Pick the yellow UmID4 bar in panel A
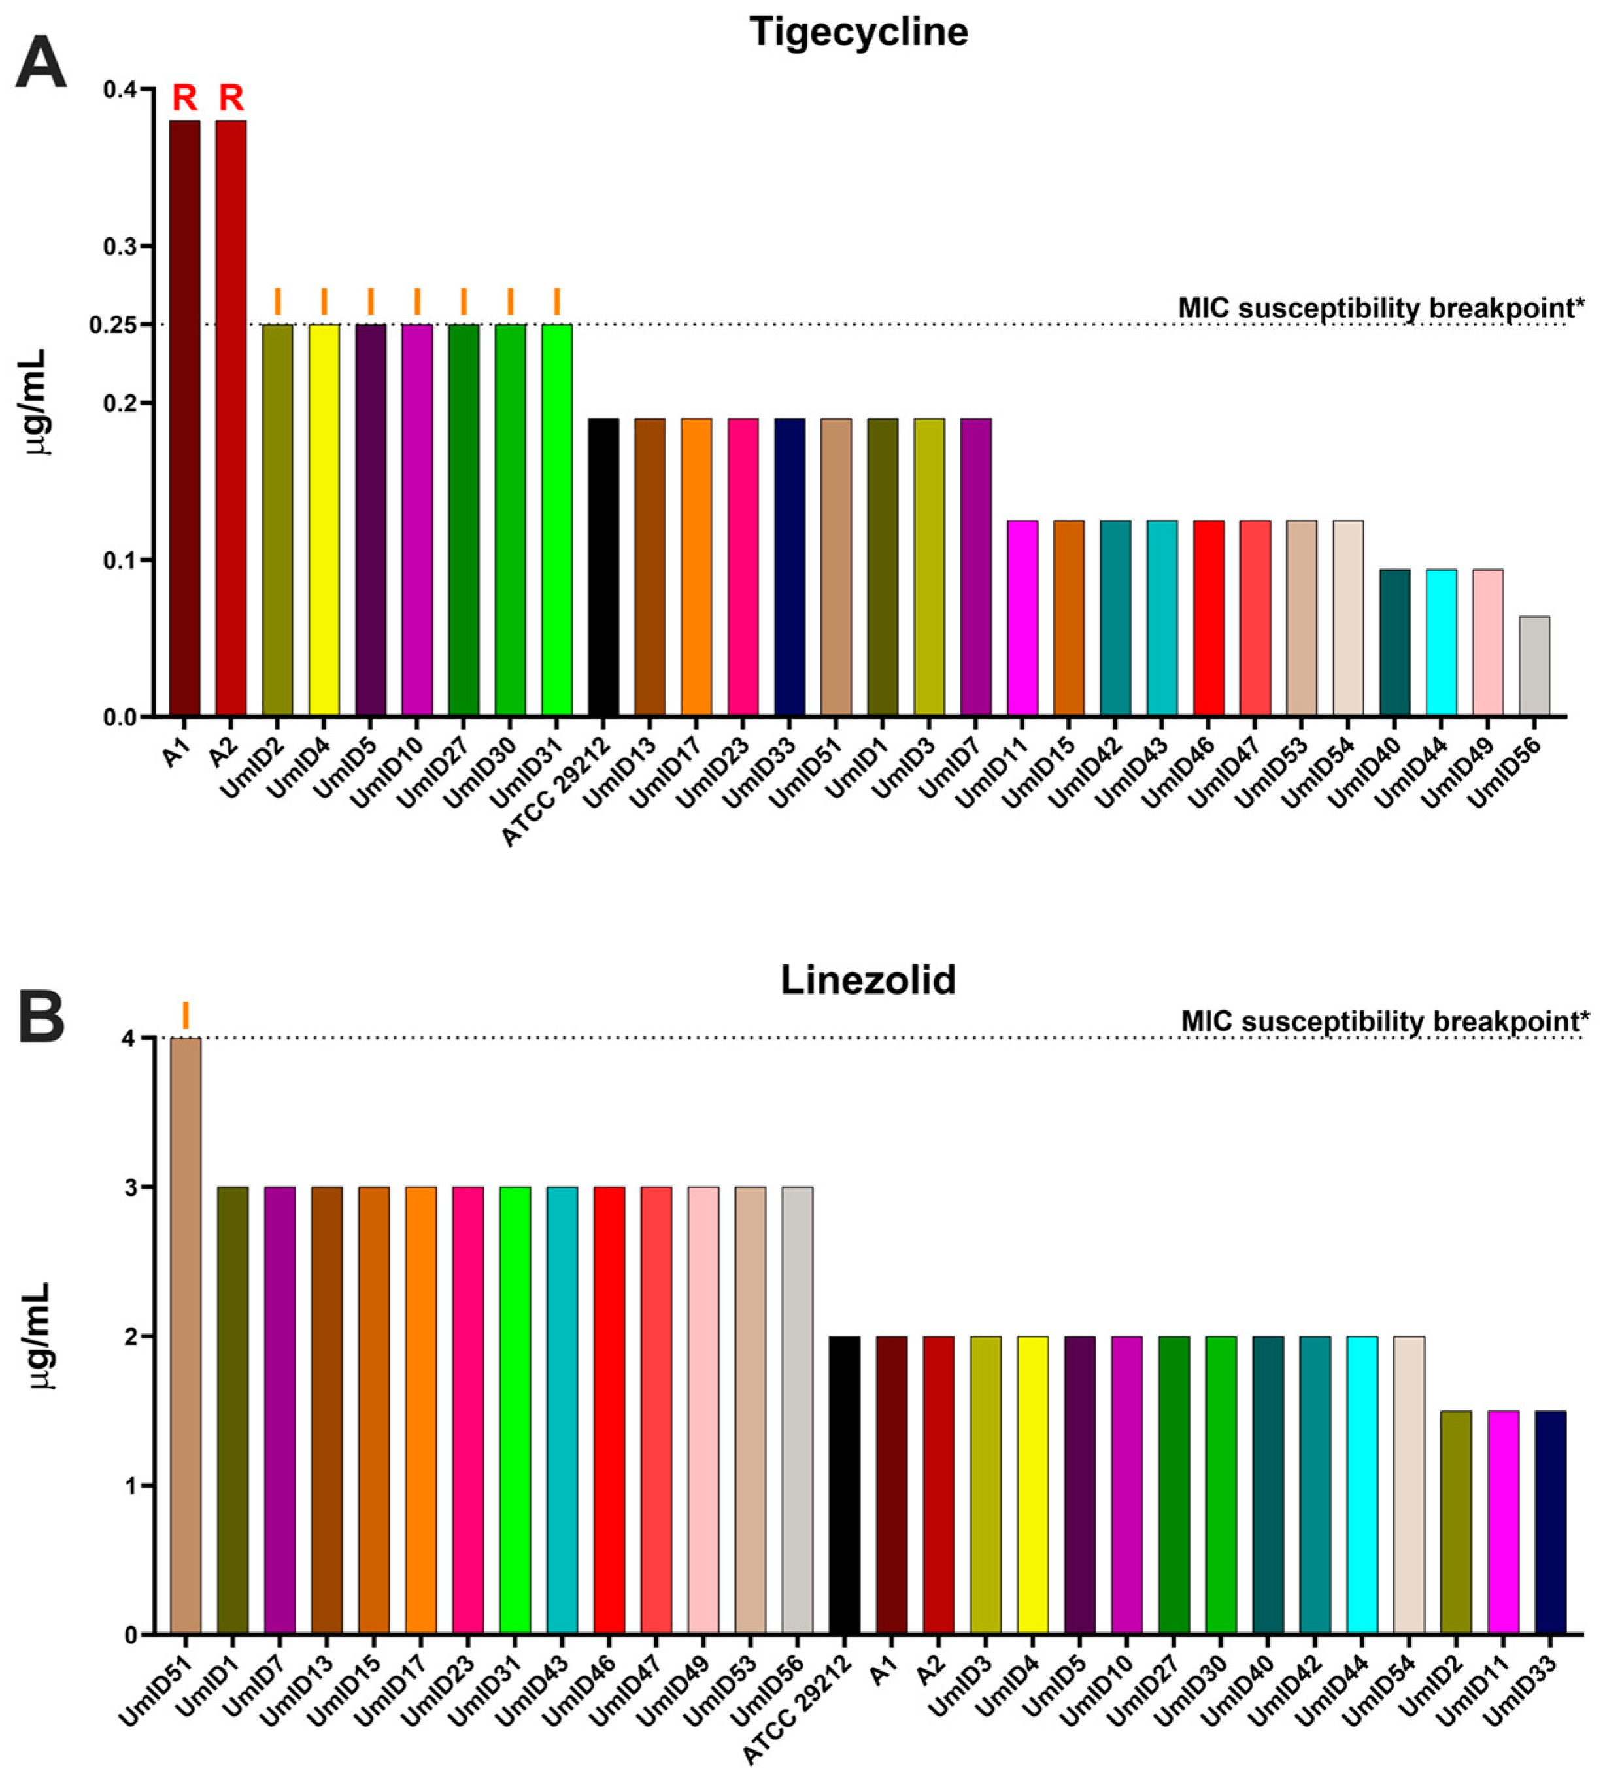324,520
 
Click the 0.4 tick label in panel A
120,90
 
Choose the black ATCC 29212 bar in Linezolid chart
844,1485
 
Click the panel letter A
41,63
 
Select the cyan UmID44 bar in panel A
1441,643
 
